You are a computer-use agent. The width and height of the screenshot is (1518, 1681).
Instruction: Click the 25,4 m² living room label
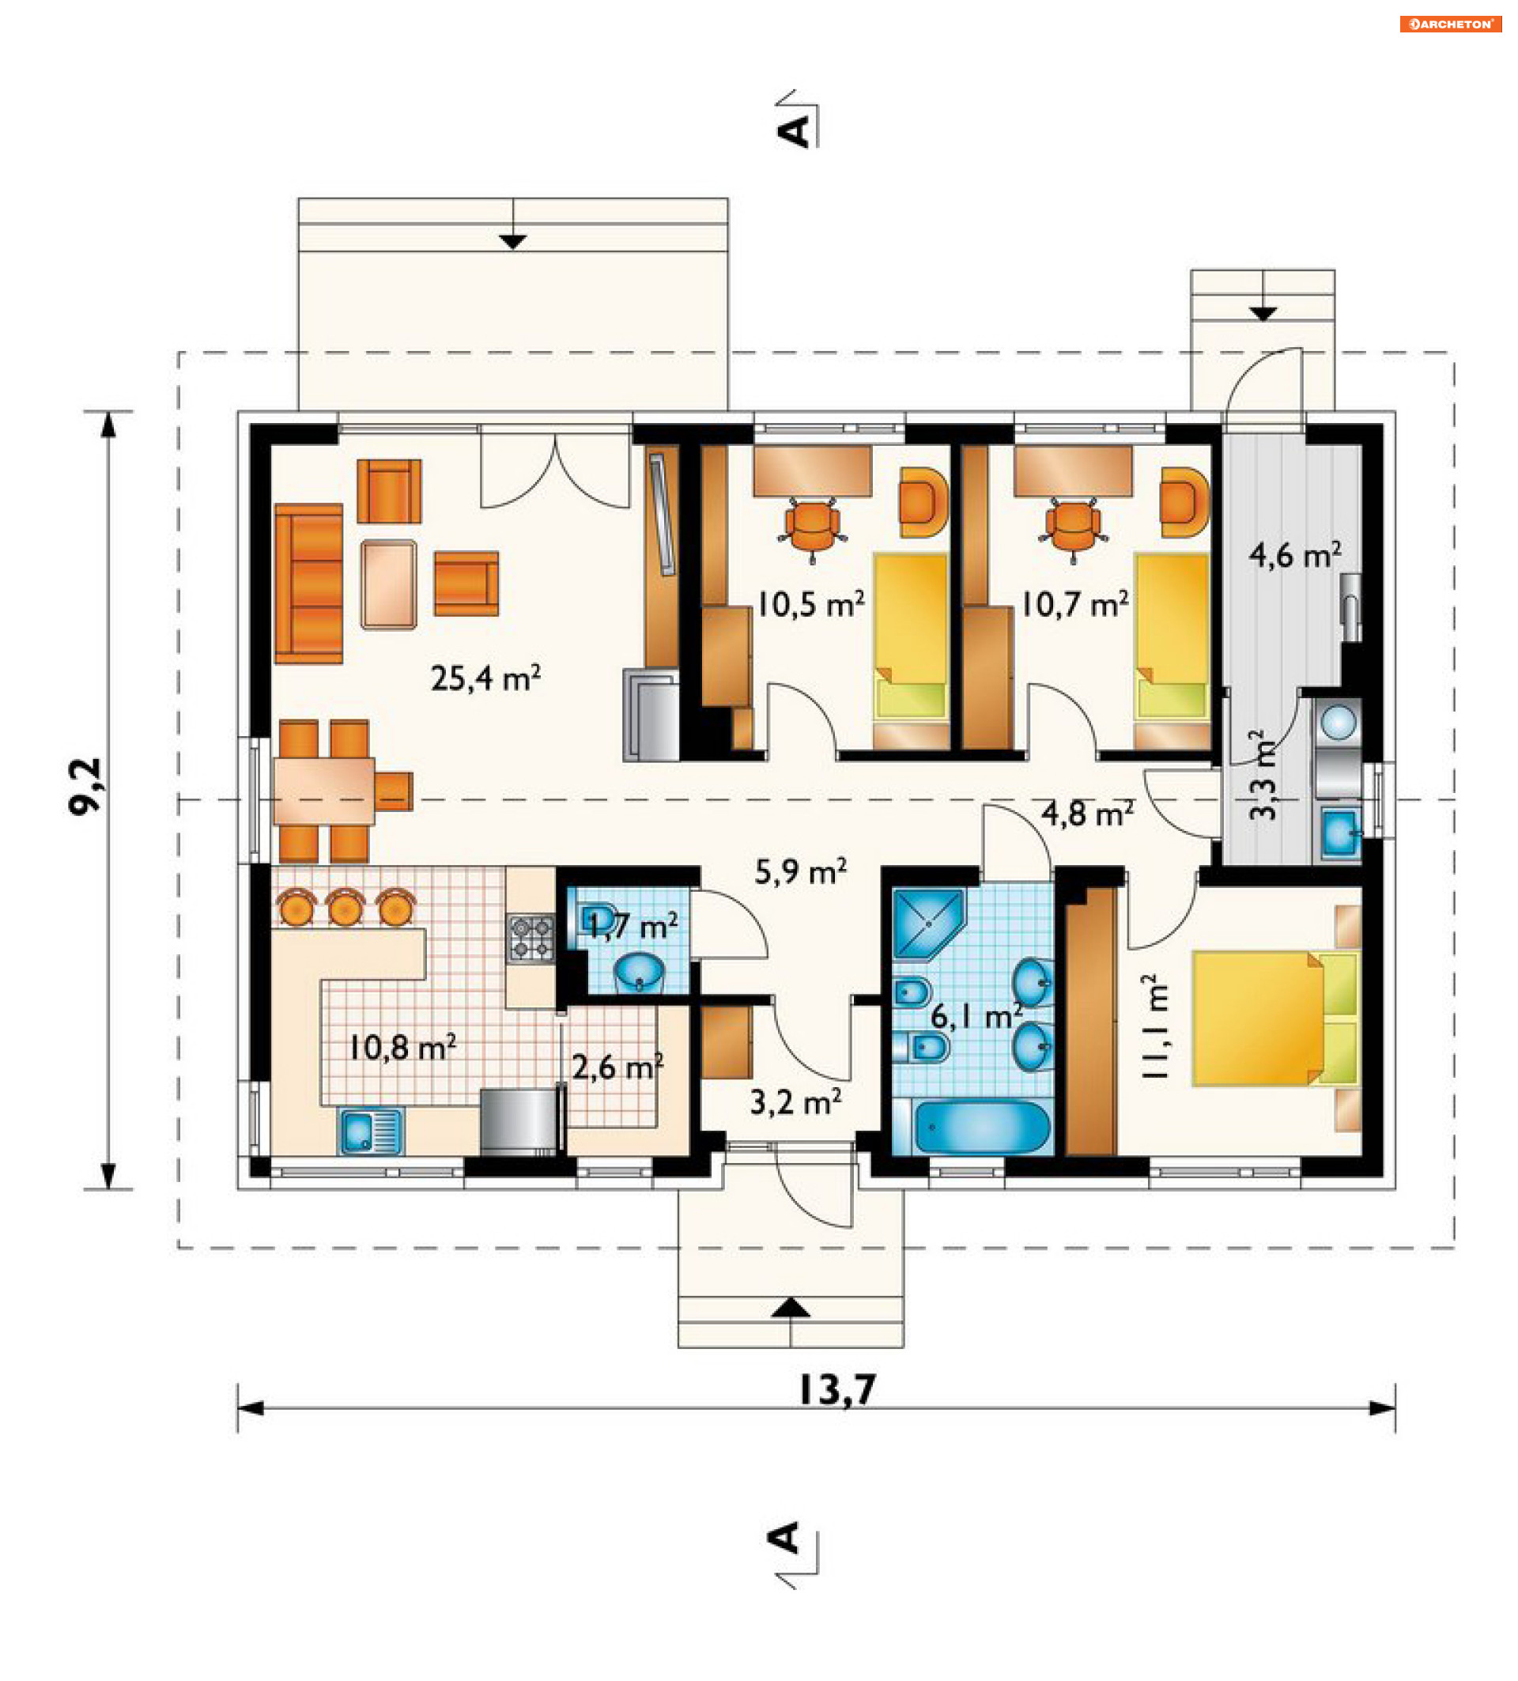[485, 678]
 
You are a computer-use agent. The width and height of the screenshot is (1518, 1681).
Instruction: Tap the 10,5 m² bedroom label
[810, 604]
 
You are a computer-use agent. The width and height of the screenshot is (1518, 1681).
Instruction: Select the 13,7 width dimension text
[836, 1390]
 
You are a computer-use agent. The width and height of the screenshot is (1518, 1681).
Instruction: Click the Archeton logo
[1450, 25]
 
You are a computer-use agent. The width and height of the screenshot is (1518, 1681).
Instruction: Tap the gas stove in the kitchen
[531, 937]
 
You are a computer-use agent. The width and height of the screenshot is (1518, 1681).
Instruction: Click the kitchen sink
[370, 1131]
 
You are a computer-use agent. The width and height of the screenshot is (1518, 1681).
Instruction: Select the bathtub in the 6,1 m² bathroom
[980, 1127]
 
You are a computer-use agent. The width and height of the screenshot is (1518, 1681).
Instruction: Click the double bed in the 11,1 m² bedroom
[1274, 1019]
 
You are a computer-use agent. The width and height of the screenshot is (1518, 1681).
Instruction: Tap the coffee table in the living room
[388, 584]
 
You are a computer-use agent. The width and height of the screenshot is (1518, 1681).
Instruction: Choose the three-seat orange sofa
[308, 583]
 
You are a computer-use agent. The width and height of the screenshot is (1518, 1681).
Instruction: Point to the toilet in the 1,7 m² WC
[597, 917]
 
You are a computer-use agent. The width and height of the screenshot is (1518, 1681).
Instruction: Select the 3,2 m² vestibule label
[795, 1102]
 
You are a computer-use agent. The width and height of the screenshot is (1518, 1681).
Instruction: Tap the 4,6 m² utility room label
[1294, 554]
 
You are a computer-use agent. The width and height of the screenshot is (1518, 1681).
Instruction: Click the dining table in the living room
[323, 791]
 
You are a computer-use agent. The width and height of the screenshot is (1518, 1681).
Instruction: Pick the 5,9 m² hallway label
[800, 872]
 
